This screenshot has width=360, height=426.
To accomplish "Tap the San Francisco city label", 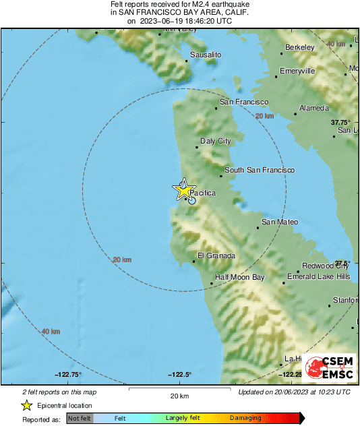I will point(244,102).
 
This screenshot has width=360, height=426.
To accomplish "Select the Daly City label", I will point(216,142).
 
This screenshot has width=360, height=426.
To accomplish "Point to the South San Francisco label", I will point(260,171).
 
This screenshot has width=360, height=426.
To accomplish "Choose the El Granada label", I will point(216,255).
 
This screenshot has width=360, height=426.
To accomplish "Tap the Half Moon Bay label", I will point(240,277).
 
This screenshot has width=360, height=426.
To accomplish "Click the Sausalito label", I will point(206,54).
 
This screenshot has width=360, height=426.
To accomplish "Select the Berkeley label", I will point(300,47).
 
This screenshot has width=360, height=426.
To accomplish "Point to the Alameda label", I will point(313,108).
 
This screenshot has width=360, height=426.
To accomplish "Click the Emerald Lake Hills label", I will point(318,276).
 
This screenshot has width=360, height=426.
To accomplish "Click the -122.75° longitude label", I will point(69,375).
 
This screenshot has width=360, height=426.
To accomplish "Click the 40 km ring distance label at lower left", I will point(51,331).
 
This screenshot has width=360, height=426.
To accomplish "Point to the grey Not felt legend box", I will point(80,419).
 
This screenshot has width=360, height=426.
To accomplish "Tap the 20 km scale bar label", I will point(179,396).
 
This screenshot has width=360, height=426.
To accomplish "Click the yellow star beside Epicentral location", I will point(26,405).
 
